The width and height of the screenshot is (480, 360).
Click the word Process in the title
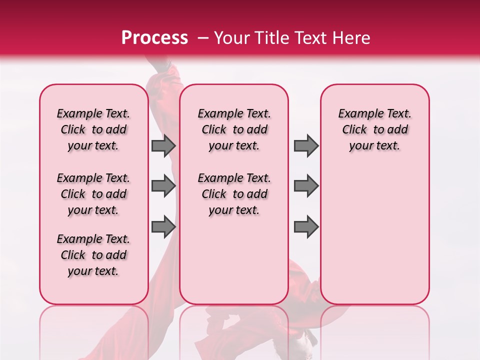coord(154,38)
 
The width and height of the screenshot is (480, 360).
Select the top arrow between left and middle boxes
coord(163,146)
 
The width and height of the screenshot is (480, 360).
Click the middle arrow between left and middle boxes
coord(163,186)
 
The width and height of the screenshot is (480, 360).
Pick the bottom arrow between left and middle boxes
coord(163,226)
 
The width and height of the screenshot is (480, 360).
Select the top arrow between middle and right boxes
coord(306,146)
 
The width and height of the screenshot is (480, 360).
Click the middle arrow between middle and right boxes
coord(306,186)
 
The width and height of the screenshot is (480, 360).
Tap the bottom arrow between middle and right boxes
coord(306,226)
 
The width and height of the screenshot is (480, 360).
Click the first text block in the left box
coord(93,129)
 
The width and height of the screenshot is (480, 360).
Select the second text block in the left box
coord(93,194)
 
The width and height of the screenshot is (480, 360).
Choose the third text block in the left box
coord(93,255)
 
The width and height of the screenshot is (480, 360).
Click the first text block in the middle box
coord(234,129)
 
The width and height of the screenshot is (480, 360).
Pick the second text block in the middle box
coord(234,194)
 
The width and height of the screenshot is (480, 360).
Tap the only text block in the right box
coord(374,129)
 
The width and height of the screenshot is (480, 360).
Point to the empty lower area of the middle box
coord(234,260)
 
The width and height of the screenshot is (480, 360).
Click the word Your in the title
coord(232,38)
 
